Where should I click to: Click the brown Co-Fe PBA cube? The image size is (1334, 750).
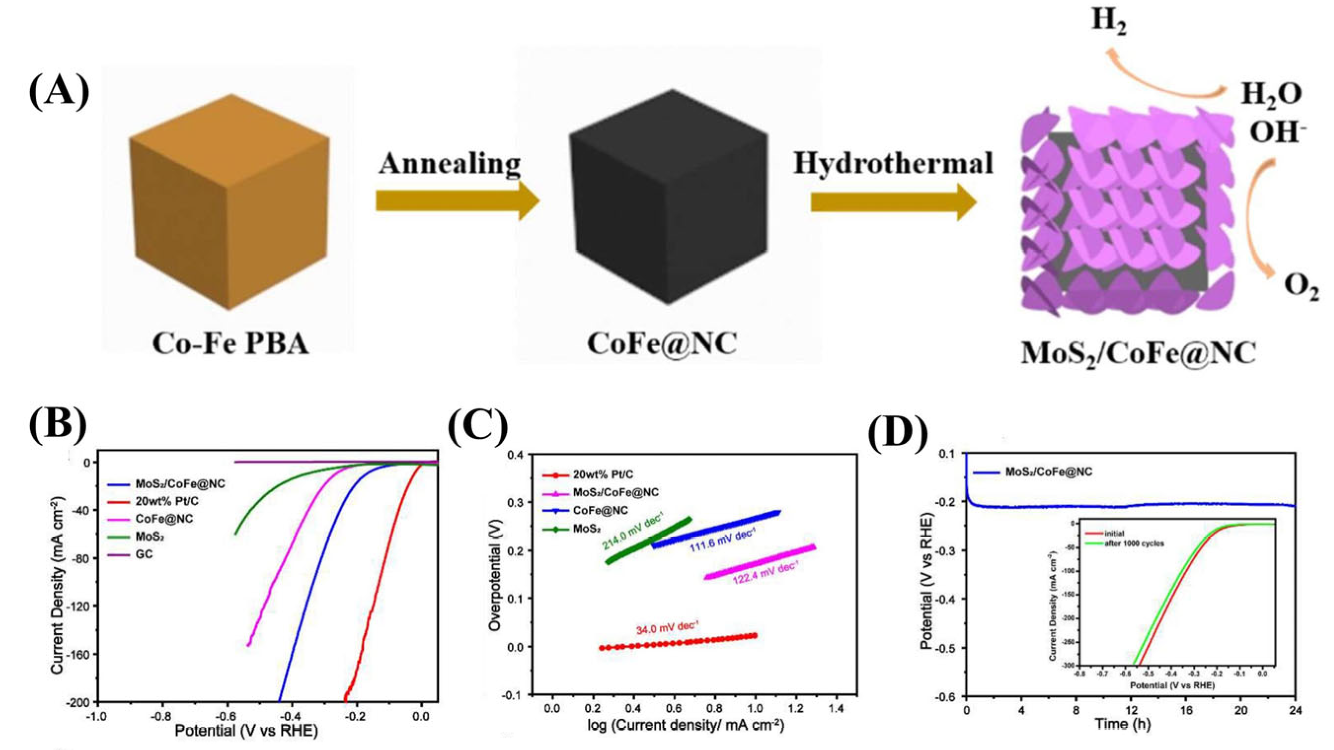tap(228, 202)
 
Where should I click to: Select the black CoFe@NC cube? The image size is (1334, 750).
tap(668, 197)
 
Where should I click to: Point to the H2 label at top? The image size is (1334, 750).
tap(1109, 22)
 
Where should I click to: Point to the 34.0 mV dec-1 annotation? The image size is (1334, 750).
tap(668, 628)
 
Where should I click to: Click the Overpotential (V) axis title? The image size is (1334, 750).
tap(495, 575)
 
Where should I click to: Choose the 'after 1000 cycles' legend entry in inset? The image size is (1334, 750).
tap(1134, 543)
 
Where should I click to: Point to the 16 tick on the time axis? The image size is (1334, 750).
tap(1186, 710)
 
